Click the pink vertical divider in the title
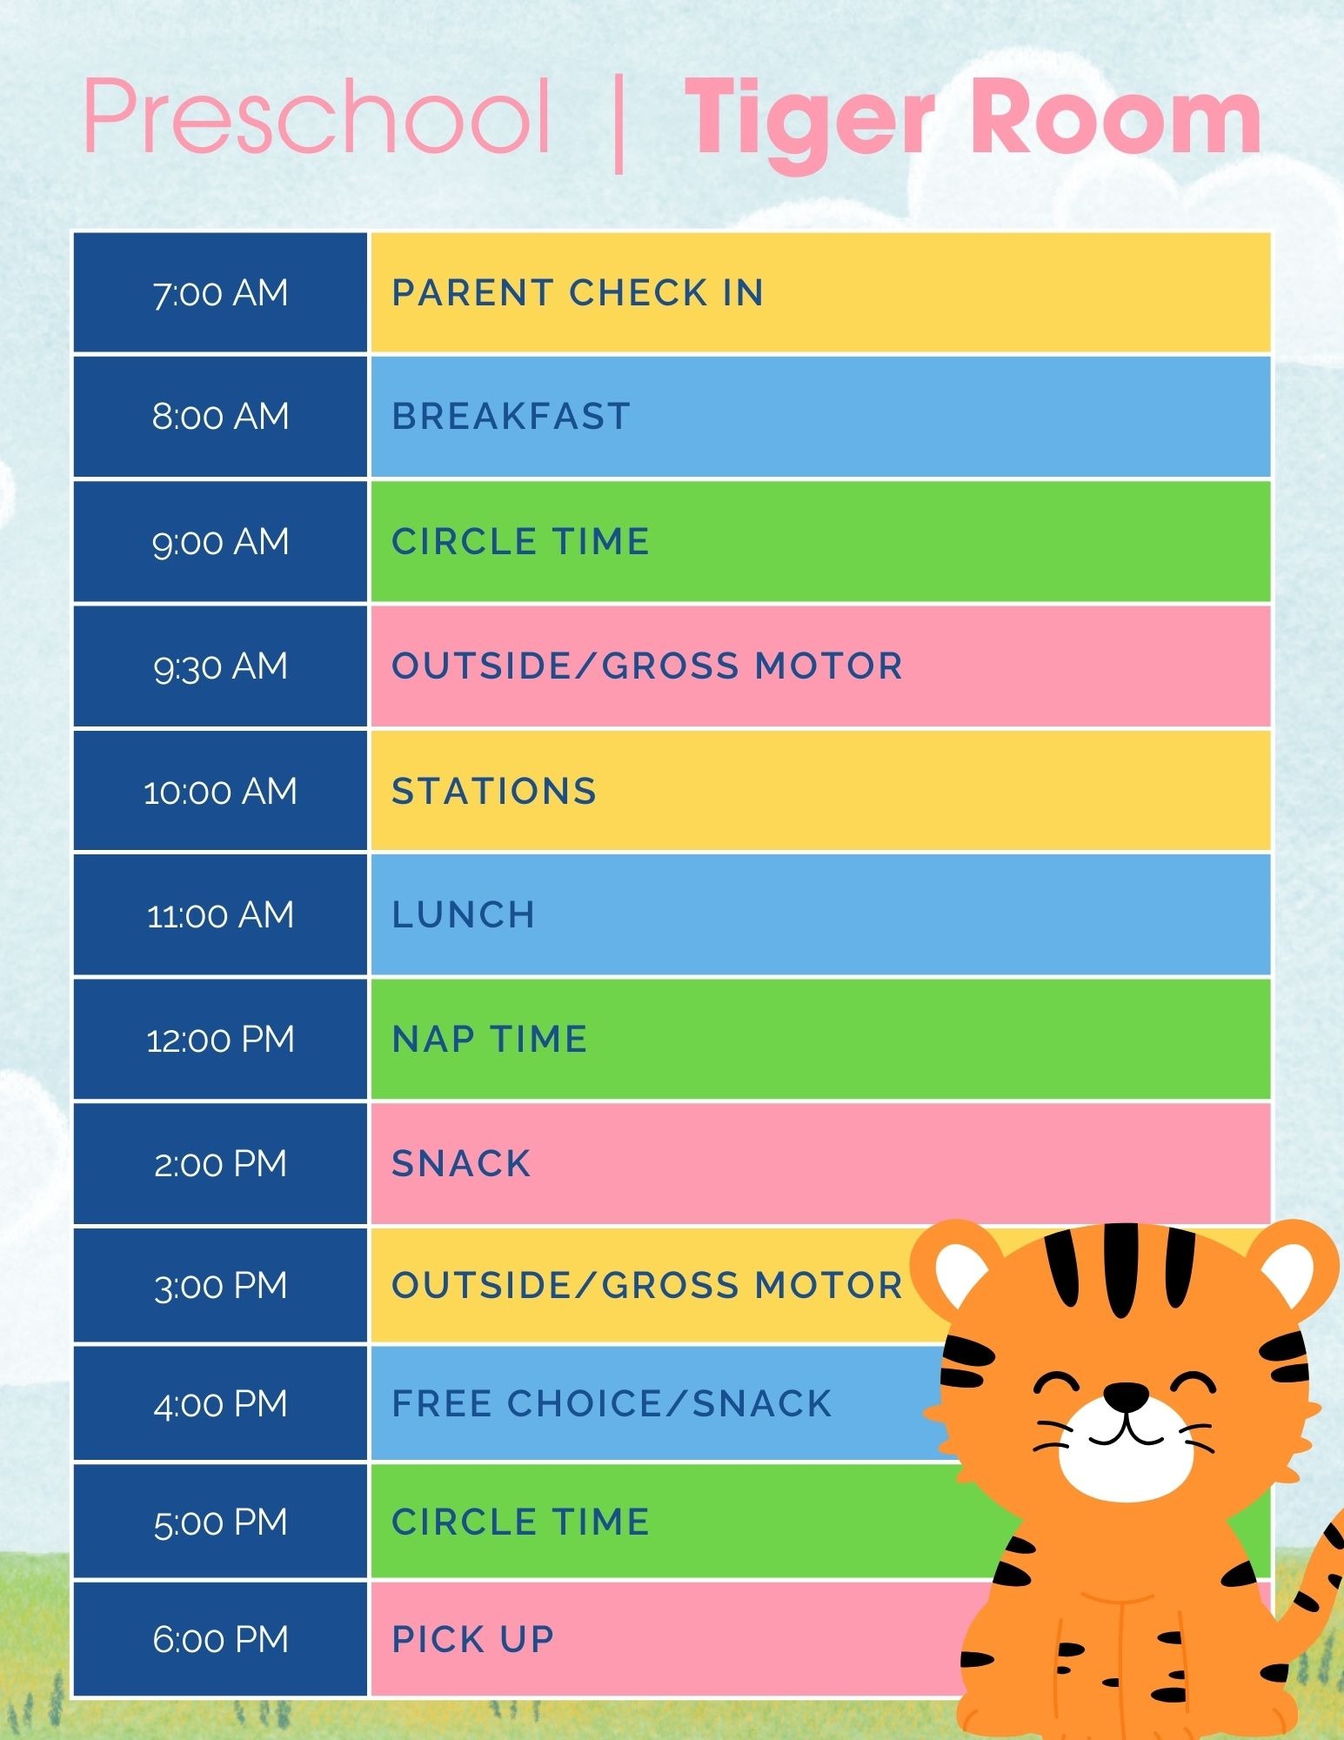point(619,123)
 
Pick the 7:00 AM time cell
point(220,293)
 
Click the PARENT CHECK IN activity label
point(578,293)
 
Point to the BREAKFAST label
point(511,417)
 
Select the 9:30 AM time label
point(220,666)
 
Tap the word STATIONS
point(494,792)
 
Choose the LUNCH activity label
point(463,915)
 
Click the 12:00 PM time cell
point(220,1040)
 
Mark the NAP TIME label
point(490,1040)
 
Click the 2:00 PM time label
point(220,1164)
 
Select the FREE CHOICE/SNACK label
point(612,1404)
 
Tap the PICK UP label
point(473,1640)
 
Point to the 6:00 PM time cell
point(220,1640)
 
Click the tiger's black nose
point(1127,1396)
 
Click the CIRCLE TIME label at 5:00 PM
point(520,1522)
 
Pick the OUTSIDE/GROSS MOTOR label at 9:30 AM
point(647,666)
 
